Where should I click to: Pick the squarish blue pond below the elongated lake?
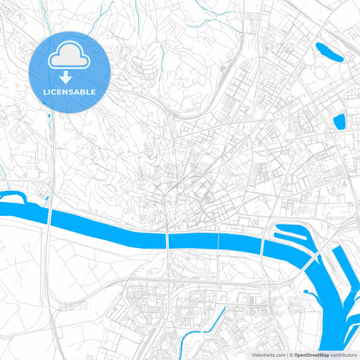[x=339, y=122]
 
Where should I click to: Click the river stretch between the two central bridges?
[x=192, y=240]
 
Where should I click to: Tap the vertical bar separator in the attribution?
[x=286, y=354]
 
